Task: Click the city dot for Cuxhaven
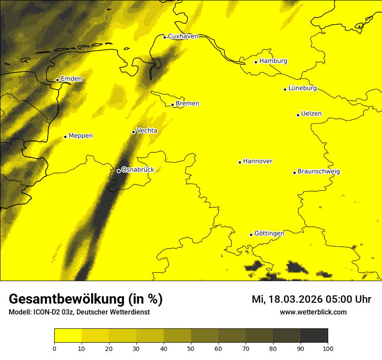[165, 37]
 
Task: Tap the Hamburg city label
[273, 61]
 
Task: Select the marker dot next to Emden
[57, 80]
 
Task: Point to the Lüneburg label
[302, 88]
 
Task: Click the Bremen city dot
[172, 105]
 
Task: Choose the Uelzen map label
[311, 114]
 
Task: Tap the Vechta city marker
[133, 132]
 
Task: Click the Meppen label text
[81, 136]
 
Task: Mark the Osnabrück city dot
[119, 171]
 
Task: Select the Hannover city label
[257, 161]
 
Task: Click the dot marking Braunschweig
[294, 173]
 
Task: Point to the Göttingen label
[269, 233]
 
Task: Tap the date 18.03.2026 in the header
[296, 299]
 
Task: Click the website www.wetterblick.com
[313, 312]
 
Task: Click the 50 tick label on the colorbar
[191, 348]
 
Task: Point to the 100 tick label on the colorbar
[328, 348]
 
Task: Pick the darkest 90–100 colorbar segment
[314, 335]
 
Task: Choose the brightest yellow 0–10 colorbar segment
[68, 335]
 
